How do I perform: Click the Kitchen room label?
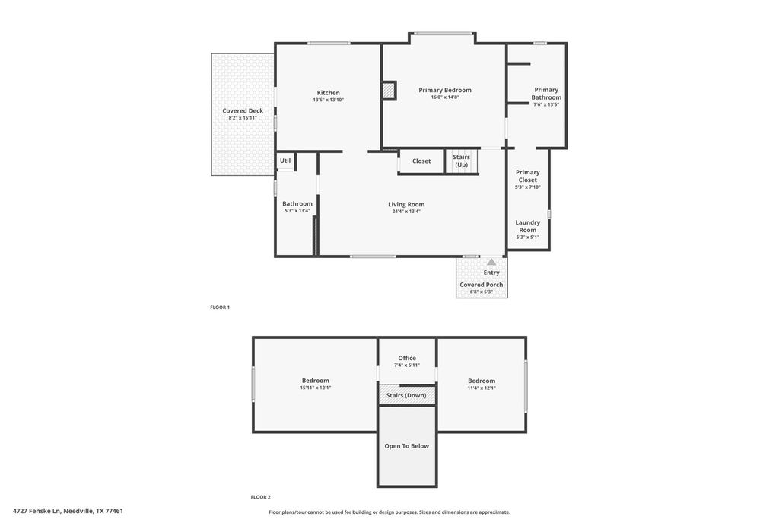point(329,93)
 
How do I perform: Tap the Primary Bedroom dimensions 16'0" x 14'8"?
point(444,97)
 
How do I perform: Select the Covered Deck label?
point(243,111)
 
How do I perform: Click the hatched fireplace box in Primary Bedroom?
point(389,91)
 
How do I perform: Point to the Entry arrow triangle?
point(491,262)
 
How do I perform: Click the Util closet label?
point(285,161)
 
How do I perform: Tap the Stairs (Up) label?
point(462,161)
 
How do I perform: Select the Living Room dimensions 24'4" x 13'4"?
point(406,212)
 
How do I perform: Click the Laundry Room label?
point(528,226)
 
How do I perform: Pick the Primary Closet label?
point(528,176)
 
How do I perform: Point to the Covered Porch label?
point(482,285)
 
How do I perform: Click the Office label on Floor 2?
point(407,358)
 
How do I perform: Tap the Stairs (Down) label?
point(406,396)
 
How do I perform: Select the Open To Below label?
point(407,446)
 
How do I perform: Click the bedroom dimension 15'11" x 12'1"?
point(316,388)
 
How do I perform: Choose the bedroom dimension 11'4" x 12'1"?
point(482,388)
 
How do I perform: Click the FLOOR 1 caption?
point(220,308)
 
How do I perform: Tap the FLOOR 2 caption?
point(261,497)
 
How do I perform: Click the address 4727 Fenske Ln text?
point(37,511)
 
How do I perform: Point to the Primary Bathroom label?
point(546,94)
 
